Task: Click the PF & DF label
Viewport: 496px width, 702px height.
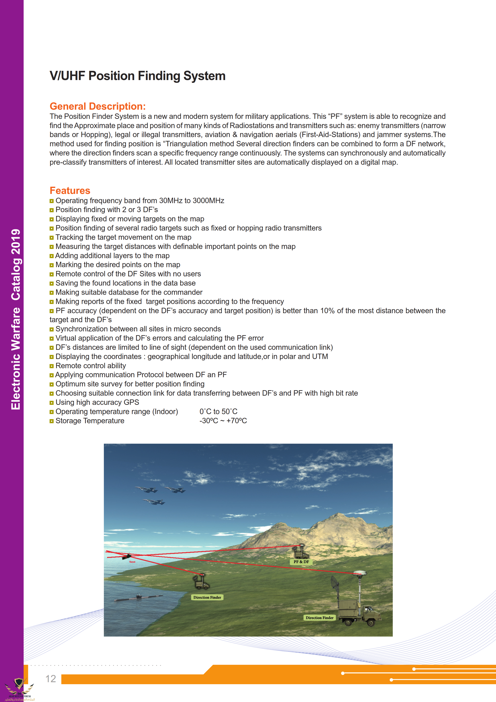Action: coord(301,562)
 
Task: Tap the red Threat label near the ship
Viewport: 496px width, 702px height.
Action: coord(132,562)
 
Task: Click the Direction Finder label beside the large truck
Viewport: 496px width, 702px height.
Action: coord(319,618)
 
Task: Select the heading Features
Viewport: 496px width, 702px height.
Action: coord(70,191)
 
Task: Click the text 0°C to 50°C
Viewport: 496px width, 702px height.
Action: coord(218,412)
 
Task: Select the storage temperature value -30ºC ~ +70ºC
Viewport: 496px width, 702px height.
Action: coord(223,421)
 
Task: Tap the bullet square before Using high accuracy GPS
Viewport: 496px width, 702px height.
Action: coord(52,403)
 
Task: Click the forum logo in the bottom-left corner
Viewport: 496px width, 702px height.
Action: coord(19,689)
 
